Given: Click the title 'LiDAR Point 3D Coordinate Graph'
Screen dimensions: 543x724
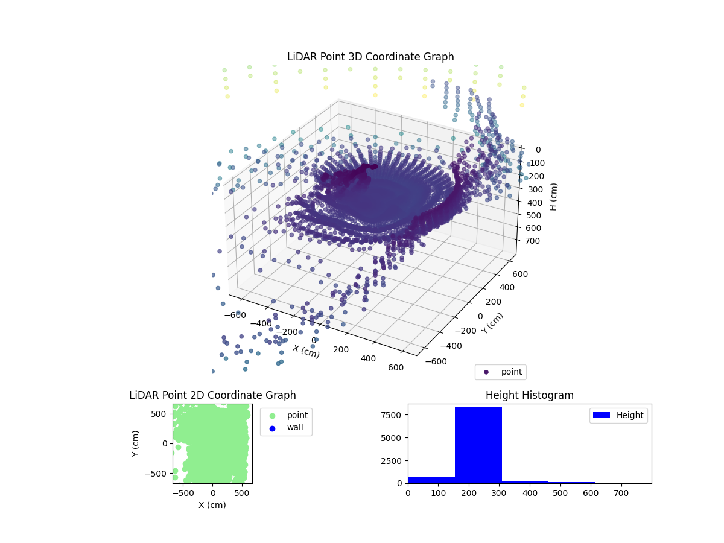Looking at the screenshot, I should click(x=370, y=57).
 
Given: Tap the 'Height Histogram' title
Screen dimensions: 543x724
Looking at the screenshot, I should click(x=529, y=395).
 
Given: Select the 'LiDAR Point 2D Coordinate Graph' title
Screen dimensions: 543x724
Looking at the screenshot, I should click(x=212, y=395).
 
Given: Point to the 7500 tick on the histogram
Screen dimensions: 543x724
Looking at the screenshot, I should click(x=393, y=414).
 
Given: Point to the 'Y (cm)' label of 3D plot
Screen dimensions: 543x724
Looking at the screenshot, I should click(x=492, y=323).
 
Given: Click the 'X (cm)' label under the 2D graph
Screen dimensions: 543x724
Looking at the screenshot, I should click(x=212, y=505).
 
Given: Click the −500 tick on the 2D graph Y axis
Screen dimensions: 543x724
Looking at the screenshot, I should click(x=157, y=474).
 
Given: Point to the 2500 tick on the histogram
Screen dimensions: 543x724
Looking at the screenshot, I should click(x=393, y=460).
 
